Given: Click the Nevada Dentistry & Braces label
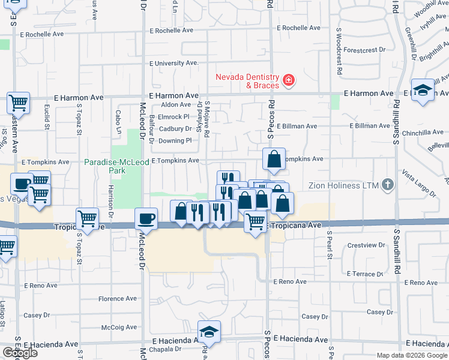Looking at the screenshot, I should (248, 81).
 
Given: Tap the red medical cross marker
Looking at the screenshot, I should (289, 80).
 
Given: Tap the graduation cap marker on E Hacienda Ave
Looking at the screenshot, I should (209, 332).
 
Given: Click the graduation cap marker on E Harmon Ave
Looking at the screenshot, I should (423, 91).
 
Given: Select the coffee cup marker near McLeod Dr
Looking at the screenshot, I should (146, 219).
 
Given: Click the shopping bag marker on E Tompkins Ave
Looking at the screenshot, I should (274, 160).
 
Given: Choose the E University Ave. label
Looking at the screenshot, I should (174, 63).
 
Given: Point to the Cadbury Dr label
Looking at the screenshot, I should (175, 129).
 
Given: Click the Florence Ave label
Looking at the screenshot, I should (119, 298).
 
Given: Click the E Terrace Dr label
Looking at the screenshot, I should (363, 274).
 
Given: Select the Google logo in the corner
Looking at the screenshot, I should (19, 353).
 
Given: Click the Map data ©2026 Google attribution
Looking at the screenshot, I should (412, 355).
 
